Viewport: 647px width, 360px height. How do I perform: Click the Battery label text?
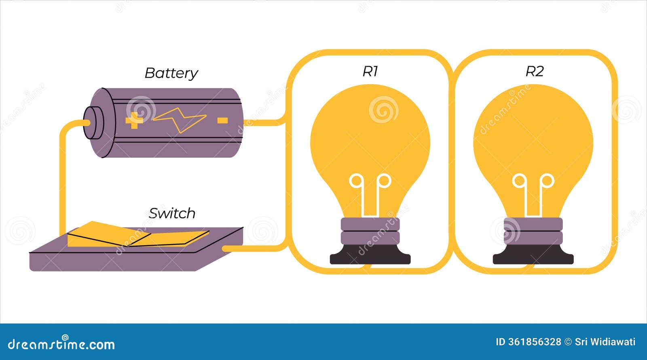171,73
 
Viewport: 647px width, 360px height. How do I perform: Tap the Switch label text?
172,213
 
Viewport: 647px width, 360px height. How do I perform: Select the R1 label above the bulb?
370,71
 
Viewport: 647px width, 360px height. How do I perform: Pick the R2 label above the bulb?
534,71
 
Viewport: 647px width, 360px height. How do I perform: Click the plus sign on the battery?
134,120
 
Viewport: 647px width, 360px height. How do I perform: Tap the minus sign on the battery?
222,120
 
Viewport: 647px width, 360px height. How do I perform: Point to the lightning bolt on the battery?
180,120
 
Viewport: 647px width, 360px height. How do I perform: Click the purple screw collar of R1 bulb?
370,231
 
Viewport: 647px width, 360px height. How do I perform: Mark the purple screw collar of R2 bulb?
533,231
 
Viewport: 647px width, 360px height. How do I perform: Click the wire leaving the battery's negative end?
263,122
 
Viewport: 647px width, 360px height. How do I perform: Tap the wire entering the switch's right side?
251,248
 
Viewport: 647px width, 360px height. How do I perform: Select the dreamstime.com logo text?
61,344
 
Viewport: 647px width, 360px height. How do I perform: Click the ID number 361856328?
528,342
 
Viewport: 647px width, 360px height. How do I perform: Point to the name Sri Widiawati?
605,342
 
